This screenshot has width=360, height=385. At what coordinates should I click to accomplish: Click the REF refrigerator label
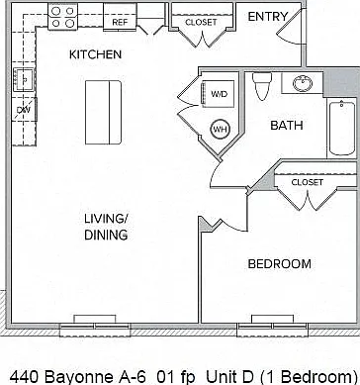pos(120,23)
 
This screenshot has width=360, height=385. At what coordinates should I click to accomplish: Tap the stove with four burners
pos(62,17)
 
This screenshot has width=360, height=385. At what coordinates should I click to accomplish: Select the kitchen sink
pos(24,79)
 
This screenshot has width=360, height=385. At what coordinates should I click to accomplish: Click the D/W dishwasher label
pos(24,110)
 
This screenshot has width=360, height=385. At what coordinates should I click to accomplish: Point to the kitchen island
pos(103,113)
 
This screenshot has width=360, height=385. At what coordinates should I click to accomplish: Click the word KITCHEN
pos(96,54)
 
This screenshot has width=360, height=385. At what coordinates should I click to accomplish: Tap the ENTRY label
pos(268,17)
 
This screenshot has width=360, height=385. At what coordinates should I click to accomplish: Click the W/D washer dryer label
pos(220,94)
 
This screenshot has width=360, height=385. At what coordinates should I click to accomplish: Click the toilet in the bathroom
pos(262,86)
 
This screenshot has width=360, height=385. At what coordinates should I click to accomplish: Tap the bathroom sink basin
pos(303,83)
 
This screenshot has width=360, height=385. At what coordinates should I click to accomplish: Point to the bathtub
pos(342,128)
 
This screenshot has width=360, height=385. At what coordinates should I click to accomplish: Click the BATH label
pos(287,126)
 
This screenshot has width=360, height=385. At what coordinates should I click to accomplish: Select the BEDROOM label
pos(280,264)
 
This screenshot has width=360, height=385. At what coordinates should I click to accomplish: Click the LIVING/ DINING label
pos(106,227)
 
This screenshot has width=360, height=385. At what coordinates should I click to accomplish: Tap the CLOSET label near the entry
pos(201,23)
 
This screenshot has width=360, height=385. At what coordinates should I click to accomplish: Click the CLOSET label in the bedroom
pos(308,182)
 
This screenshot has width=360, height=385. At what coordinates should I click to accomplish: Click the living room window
pos(95,327)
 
